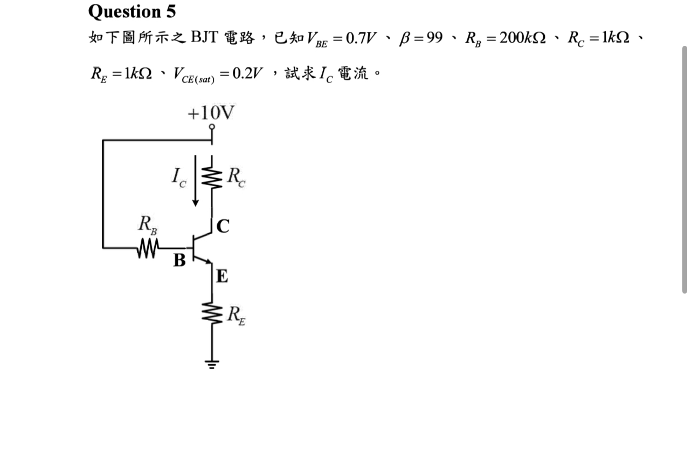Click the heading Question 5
tap(132, 11)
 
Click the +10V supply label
tap(211, 113)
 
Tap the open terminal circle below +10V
tap(212, 127)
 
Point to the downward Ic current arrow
tap(195, 180)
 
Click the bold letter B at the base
tap(179, 261)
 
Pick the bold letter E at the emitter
tap(222, 277)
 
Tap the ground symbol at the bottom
tap(212, 363)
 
